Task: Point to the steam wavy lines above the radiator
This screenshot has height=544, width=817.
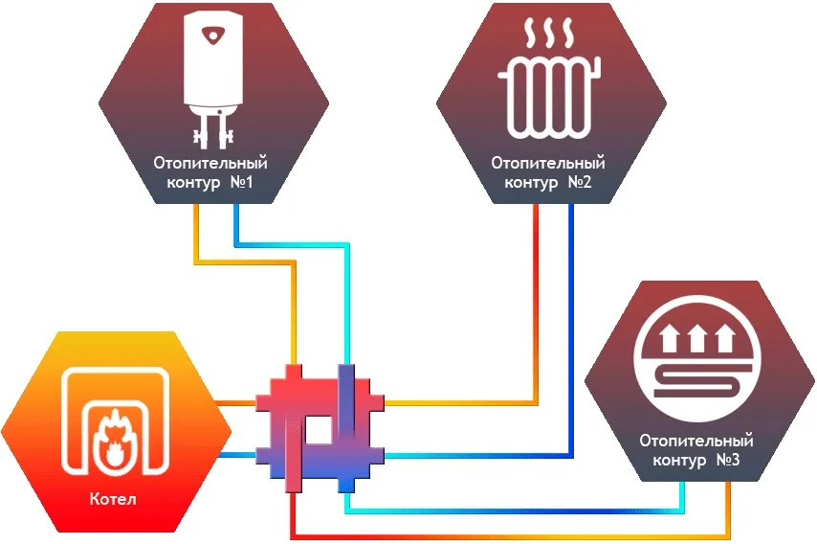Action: point(550,36)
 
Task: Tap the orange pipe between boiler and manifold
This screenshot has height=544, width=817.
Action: point(240,403)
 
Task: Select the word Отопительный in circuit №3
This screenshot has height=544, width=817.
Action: point(696,442)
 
